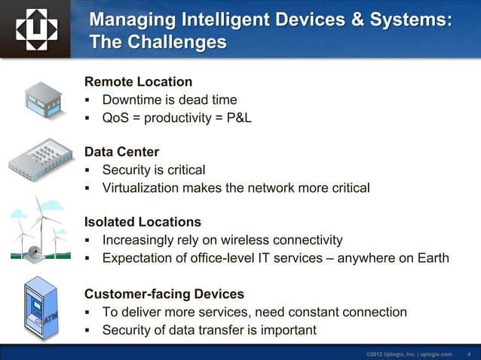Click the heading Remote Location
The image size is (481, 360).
(138, 81)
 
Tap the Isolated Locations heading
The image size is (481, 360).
(142, 222)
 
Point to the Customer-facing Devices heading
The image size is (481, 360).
(164, 293)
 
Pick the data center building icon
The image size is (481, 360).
(41, 159)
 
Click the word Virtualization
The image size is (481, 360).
(140, 188)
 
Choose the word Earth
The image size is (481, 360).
(431, 258)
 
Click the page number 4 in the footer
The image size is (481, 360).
(469, 353)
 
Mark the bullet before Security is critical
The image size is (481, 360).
(88, 170)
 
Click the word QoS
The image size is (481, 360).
(116, 117)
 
